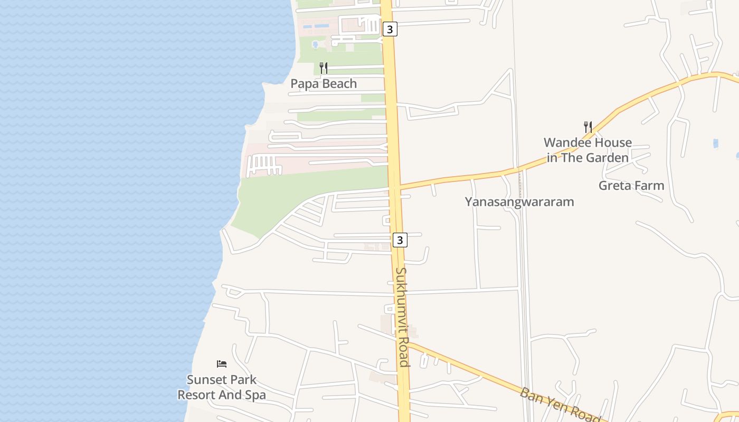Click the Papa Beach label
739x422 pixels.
(324, 84)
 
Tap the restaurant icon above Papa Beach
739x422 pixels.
(324, 68)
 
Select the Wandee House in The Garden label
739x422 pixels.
(588, 150)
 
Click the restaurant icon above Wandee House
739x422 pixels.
(588, 127)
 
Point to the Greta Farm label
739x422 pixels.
(631, 186)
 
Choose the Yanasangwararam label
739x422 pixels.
(519, 202)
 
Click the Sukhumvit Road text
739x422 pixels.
(402, 316)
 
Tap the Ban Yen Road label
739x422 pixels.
(560, 404)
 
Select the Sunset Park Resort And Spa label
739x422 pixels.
(222, 387)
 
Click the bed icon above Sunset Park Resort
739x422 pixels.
(222, 364)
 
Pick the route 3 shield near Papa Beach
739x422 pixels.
(390, 30)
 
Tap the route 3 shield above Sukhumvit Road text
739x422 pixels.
(400, 240)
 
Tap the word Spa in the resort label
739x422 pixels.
(255, 395)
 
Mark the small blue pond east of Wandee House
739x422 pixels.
(716, 143)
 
